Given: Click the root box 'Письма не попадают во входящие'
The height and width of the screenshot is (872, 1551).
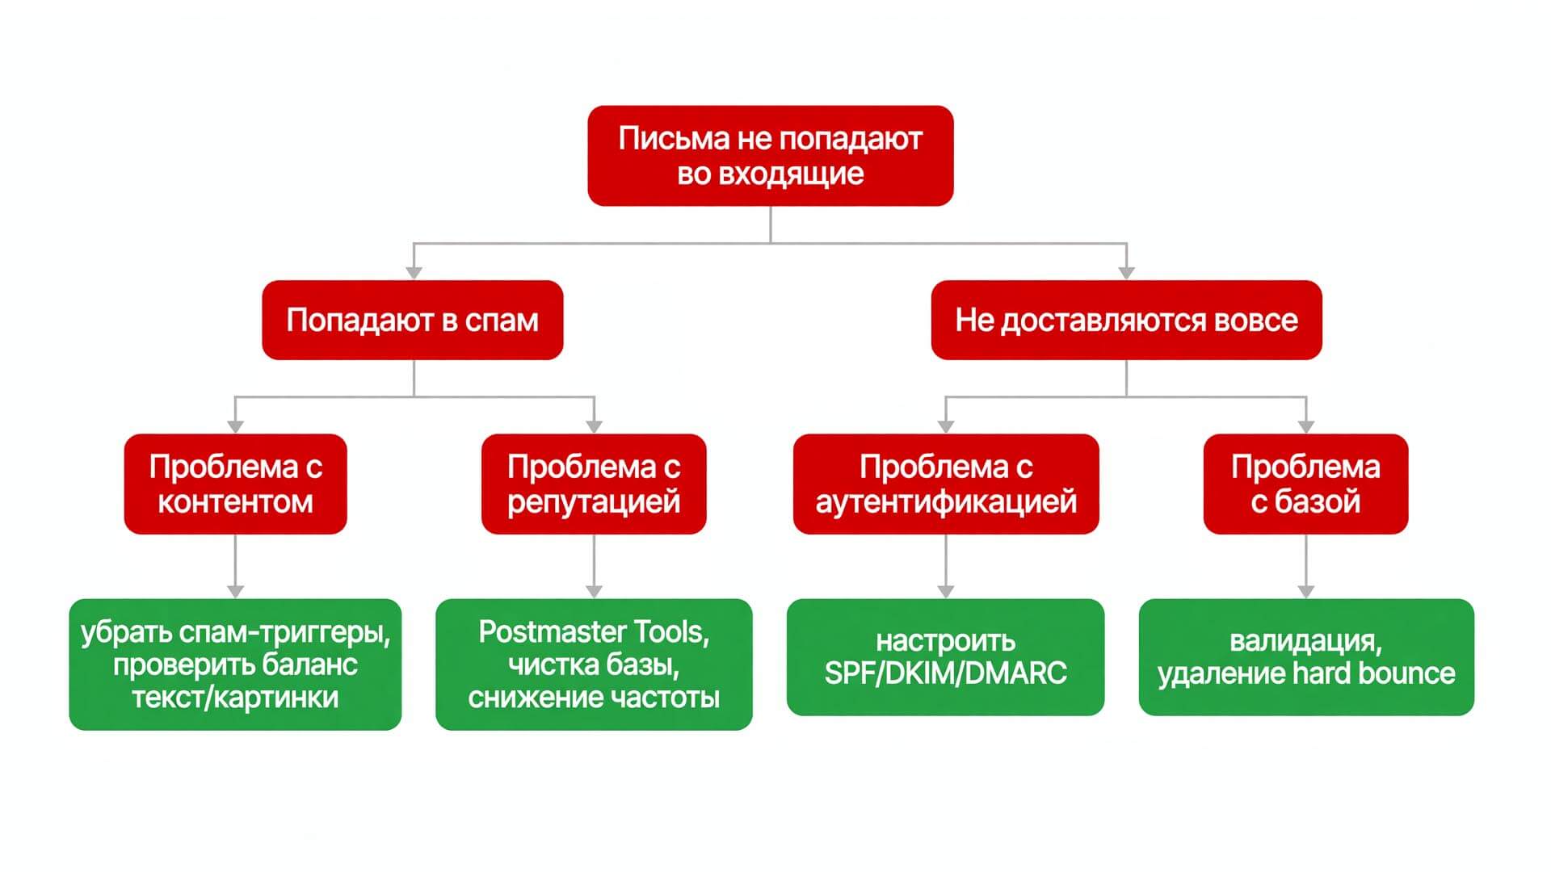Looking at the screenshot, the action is tap(771, 156).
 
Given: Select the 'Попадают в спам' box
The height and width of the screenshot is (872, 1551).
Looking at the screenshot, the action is tap(413, 320).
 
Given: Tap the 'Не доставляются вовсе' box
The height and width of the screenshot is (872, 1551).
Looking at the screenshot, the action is tap(1126, 320).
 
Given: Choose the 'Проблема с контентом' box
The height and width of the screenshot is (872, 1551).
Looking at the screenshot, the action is tap(235, 484).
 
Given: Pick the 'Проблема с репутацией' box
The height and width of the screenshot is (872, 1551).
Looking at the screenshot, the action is tap(594, 484).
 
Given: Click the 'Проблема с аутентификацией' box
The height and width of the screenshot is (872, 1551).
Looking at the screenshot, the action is tap(946, 484).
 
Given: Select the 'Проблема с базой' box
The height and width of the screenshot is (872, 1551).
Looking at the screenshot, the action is tap(1305, 484).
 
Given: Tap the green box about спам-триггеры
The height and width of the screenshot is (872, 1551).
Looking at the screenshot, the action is tap(235, 664).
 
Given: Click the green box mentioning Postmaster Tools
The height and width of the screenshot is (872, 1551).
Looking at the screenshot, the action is tap(594, 664).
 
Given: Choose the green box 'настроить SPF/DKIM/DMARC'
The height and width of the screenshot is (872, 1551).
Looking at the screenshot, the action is tap(946, 657).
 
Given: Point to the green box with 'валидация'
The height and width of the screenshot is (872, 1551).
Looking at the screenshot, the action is tap(1306, 657).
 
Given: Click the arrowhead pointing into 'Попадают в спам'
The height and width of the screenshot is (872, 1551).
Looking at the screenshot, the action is tap(414, 273).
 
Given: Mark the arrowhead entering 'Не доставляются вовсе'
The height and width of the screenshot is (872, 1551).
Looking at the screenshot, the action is tap(1127, 273).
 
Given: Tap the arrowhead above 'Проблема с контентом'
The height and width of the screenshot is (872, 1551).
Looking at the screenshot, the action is tap(235, 426).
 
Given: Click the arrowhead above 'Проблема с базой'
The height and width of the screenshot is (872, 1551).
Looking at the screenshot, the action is tap(1306, 426).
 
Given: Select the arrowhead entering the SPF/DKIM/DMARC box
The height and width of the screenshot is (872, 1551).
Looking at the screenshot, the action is tap(946, 591).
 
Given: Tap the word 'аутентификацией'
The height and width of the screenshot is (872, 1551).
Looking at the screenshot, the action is tap(946, 502).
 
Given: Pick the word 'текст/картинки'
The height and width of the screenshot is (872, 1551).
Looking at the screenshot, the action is tap(235, 698).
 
